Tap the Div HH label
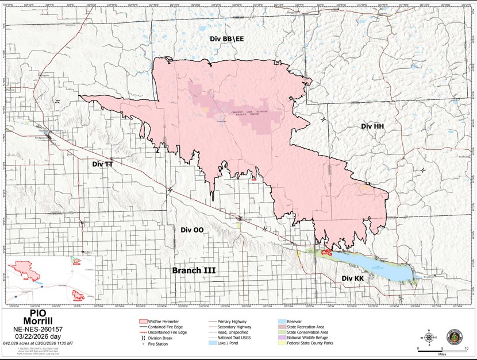pyautogui.click(x=372, y=126)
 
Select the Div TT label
pyautogui.click(x=103, y=164)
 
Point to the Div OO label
pyautogui.click(x=192, y=230)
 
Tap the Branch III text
pyautogui.click(x=195, y=270)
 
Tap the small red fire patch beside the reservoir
pyautogui.click(x=328, y=252)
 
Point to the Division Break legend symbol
pyautogui.click(x=144, y=339)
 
